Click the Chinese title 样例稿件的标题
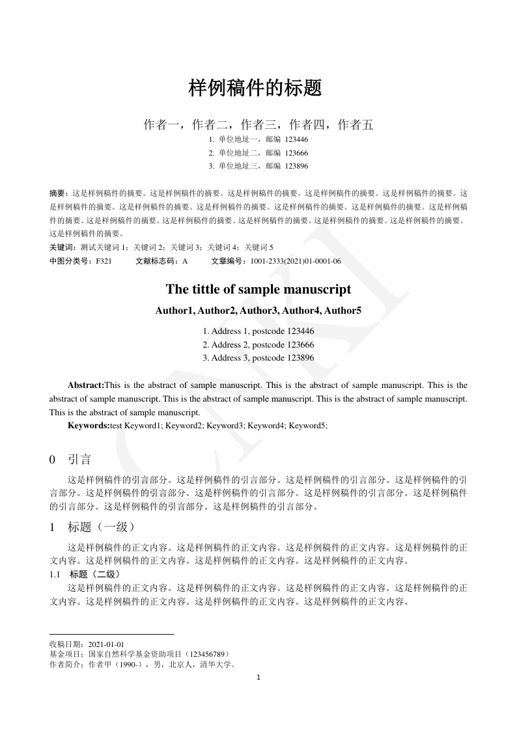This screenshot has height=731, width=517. pos(255,89)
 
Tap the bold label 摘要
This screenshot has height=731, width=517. pos(59,193)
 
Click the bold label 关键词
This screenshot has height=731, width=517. pos(62,247)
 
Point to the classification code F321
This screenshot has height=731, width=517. pos(104,261)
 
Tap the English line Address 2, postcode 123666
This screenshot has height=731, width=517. pos(258,344)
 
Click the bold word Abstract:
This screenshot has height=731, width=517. pos(86,385)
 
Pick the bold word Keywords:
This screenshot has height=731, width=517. pos(89,425)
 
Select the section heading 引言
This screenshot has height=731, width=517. pos(79,460)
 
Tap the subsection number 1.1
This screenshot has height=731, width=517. pos(55,574)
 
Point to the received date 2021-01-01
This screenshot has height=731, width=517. pos(106,644)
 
